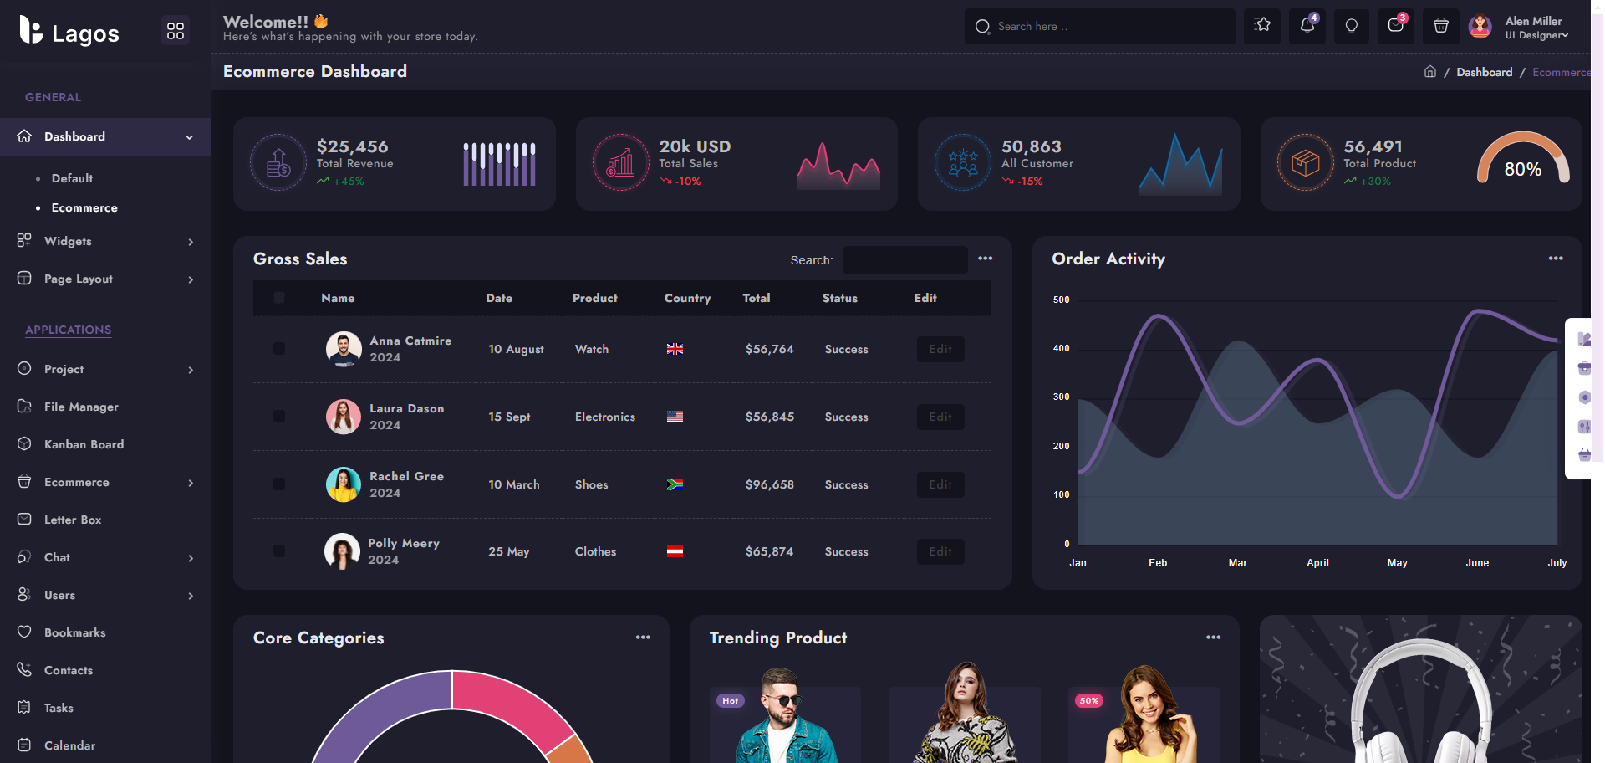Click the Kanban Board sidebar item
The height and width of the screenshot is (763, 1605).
(x=84, y=444)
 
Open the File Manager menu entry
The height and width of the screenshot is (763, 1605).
(x=81, y=407)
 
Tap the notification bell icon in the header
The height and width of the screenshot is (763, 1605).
(x=1307, y=26)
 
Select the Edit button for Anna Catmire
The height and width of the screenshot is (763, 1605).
(x=940, y=349)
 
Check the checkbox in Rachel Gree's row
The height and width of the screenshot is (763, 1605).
(x=279, y=484)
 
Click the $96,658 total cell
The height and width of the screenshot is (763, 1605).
(x=769, y=484)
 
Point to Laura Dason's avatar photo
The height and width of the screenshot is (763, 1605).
(x=343, y=417)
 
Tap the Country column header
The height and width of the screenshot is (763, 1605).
(x=687, y=298)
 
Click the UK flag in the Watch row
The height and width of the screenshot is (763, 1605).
(x=675, y=349)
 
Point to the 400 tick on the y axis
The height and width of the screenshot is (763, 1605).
(x=1061, y=348)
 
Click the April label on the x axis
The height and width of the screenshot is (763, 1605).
(x=1317, y=563)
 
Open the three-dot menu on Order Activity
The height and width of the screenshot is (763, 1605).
(x=1555, y=259)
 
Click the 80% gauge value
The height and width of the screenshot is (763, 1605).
(x=1522, y=169)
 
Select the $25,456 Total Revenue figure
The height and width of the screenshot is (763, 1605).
(x=352, y=146)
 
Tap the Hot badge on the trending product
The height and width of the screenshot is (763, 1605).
(x=730, y=700)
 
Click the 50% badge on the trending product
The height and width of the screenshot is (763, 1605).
(x=1088, y=700)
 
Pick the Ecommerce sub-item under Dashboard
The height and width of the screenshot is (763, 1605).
(x=84, y=207)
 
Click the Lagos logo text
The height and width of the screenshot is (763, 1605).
(x=85, y=33)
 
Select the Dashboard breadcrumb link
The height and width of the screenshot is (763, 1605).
(x=1484, y=72)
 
